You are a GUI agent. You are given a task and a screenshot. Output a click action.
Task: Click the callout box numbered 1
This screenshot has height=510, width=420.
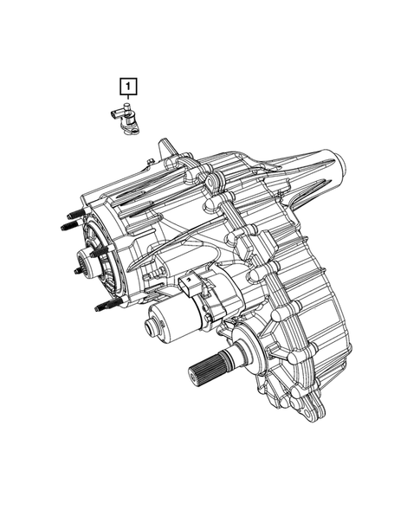(x=127, y=86)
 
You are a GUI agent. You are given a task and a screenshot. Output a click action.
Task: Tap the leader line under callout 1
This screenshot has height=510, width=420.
(x=127, y=100)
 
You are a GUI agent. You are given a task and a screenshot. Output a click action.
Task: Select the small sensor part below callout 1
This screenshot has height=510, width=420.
(x=126, y=120)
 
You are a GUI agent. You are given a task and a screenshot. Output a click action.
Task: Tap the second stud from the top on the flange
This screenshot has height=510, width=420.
(x=70, y=228)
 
